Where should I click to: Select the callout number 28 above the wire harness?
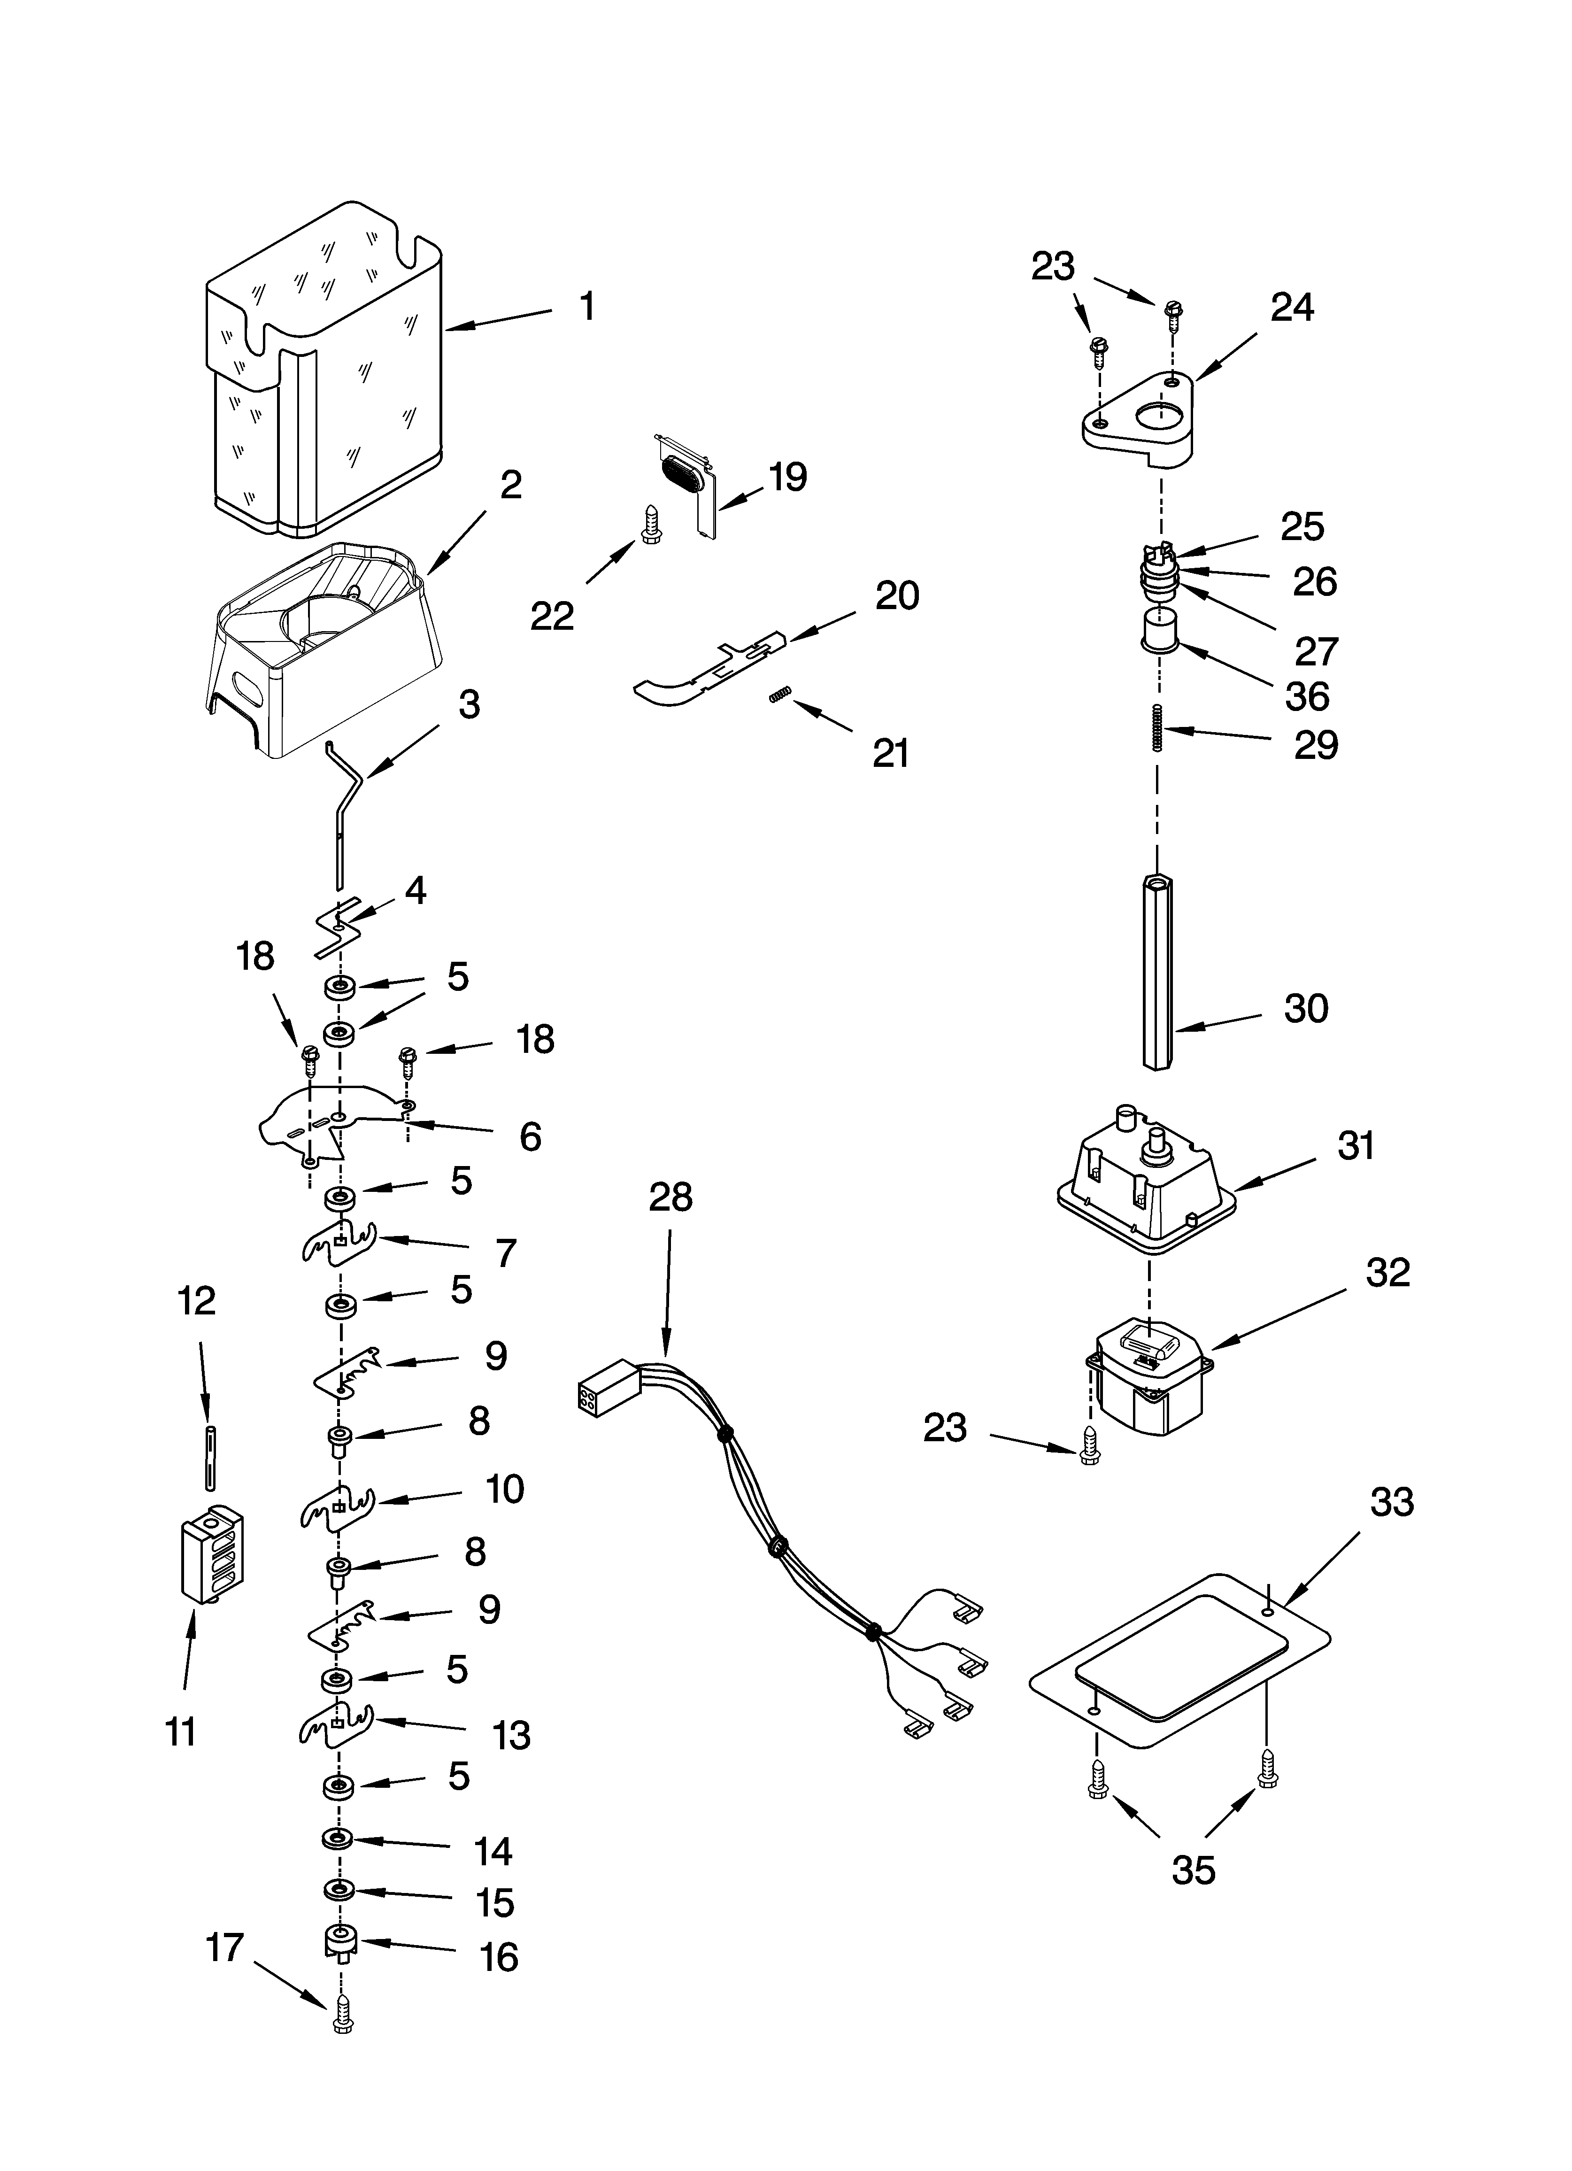[x=670, y=1198]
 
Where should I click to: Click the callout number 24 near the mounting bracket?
[x=1292, y=307]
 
